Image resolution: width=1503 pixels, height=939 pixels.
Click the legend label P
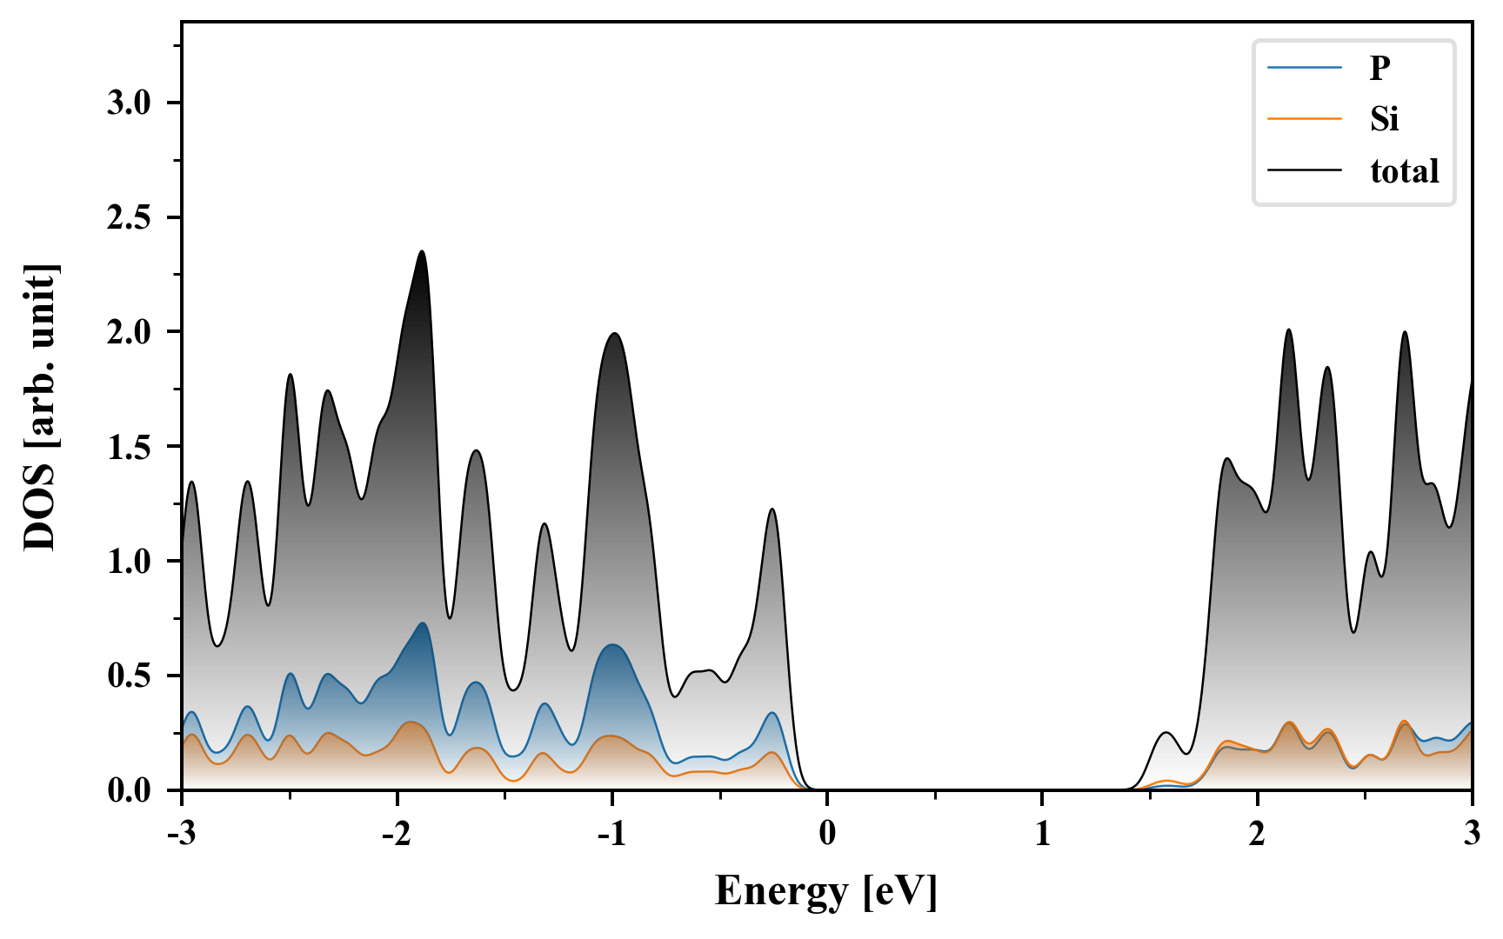(x=1379, y=67)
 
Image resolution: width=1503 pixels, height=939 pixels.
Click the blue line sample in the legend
(x=1304, y=67)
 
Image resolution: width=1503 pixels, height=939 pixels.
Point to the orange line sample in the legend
(x=1304, y=118)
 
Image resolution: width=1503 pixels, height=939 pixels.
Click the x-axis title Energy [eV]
(x=826, y=891)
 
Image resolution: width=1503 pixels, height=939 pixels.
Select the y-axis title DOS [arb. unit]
(x=40, y=407)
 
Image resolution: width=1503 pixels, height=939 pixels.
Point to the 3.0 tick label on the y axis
(x=129, y=103)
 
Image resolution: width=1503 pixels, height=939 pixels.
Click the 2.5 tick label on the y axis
(x=129, y=218)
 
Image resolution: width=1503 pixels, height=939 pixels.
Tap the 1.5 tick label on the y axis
(x=129, y=447)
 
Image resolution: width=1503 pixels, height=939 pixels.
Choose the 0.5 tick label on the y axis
(x=129, y=676)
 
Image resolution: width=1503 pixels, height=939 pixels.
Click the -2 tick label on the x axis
(x=396, y=835)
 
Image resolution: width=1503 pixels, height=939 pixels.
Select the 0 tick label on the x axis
(x=827, y=835)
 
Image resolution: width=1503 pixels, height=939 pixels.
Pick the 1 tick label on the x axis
(x=1042, y=835)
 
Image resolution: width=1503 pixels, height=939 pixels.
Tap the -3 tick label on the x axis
(x=181, y=835)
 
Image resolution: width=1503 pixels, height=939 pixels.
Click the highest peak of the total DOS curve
(x=422, y=251)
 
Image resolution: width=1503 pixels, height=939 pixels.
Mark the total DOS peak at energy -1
(x=614, y=333)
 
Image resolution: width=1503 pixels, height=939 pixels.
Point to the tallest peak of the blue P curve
(x=423, y=623)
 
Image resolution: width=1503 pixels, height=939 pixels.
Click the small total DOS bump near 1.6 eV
(x=1166, y=733)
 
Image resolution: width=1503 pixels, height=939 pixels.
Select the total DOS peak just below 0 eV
(x=772, y=509)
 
